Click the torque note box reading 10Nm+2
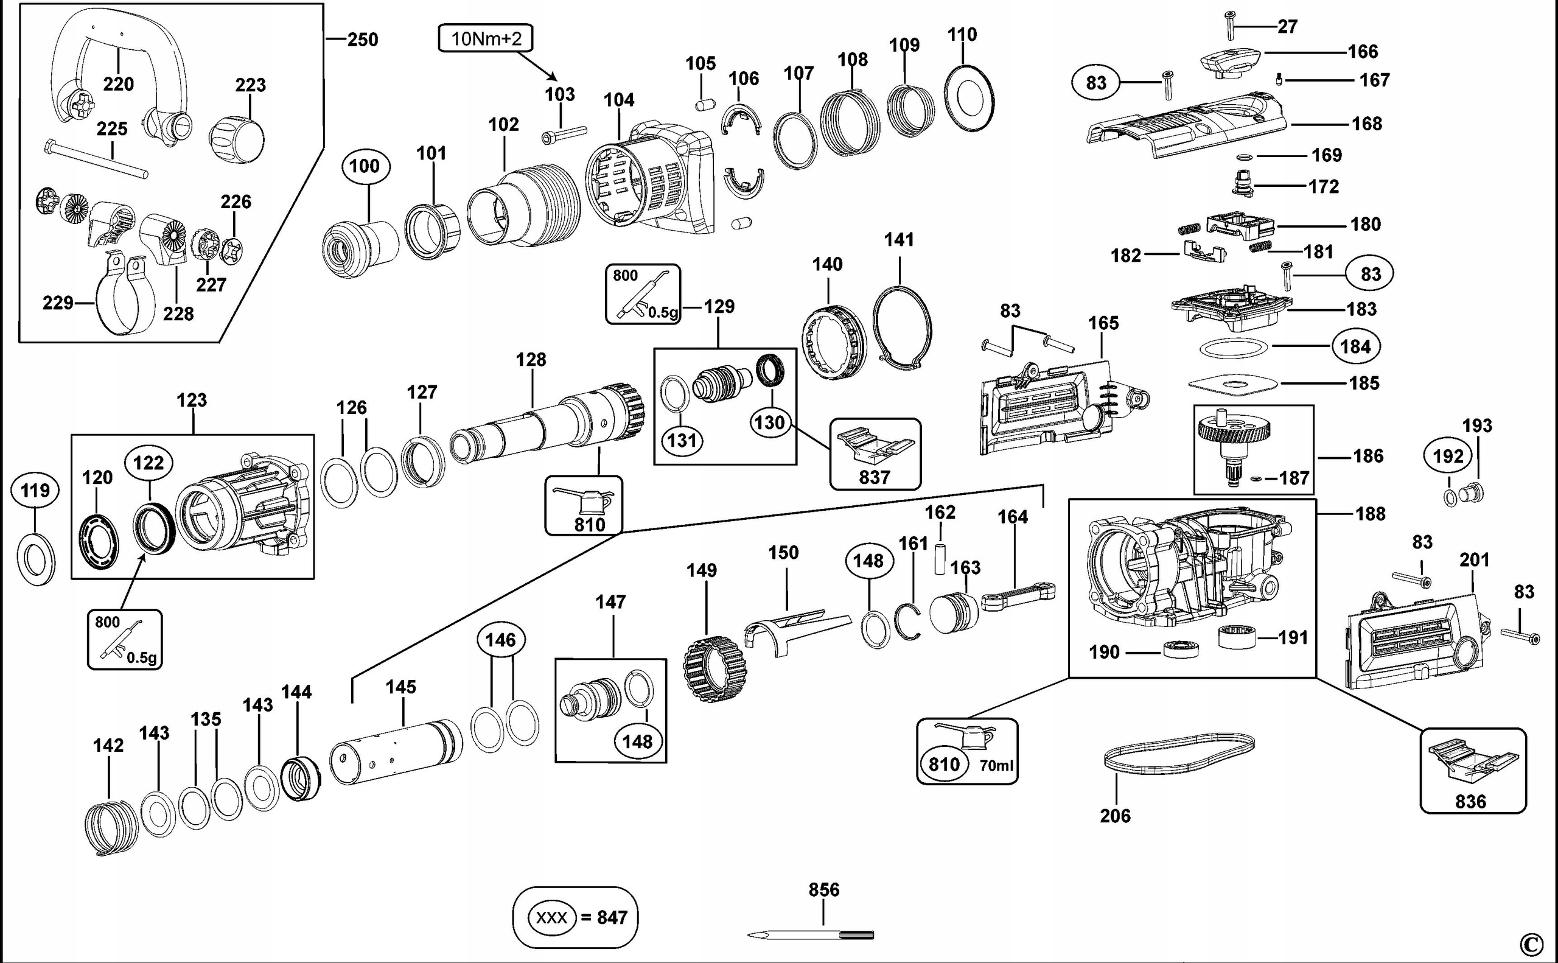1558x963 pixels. click(486, 39)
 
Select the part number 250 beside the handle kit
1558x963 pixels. click(362, 40)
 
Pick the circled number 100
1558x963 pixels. click(364, 166)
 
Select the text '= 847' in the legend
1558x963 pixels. click(604, 917)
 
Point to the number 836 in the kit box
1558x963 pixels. click(1470, 801)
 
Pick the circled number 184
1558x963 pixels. click(1355, 346)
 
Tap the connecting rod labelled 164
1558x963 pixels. click(1018, 595)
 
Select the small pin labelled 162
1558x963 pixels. click(940, 559)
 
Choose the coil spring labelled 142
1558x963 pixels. click(111, 827)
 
